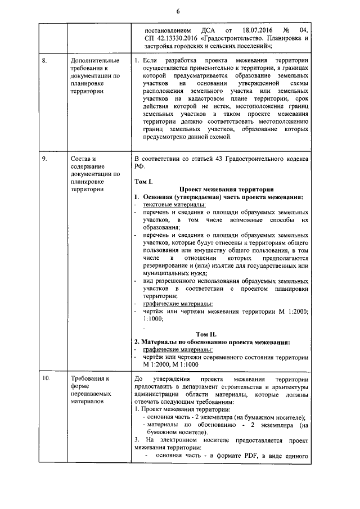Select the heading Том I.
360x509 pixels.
(145, 182)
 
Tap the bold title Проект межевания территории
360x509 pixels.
(227, 190)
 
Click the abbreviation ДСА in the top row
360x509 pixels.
(208, 29)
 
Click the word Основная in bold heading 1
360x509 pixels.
(163, 197)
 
